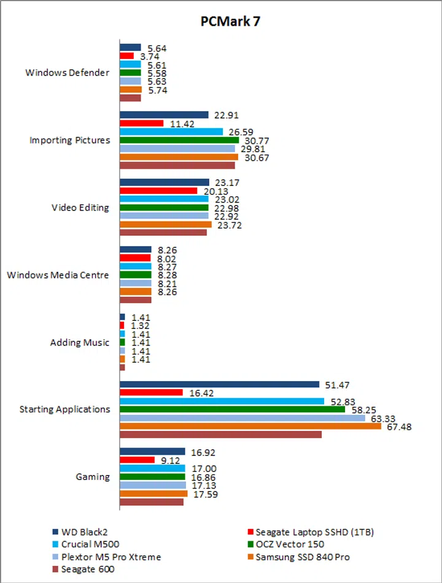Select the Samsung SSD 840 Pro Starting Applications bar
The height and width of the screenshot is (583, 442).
(x=250, y=427)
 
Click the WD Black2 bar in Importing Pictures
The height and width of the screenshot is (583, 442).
(x=164, y=114)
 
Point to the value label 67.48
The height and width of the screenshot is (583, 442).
(x=398, y=427)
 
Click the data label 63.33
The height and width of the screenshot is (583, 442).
(x=382, y=418)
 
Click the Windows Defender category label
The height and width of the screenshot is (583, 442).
(x=67, y=72)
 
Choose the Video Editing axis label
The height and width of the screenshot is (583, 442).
(x=80, y=207)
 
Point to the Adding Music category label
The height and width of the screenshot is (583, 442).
(x=80, y=342)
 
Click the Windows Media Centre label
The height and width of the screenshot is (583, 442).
(x=58, y=275)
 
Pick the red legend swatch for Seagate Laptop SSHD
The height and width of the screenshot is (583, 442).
(x=250, y=531)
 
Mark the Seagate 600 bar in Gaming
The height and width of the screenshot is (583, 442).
(x=151, y=502)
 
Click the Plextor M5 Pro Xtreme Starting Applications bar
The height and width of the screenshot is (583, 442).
(x=242, y=418)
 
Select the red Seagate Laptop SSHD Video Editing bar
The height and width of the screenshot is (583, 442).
(x=158, y=190)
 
